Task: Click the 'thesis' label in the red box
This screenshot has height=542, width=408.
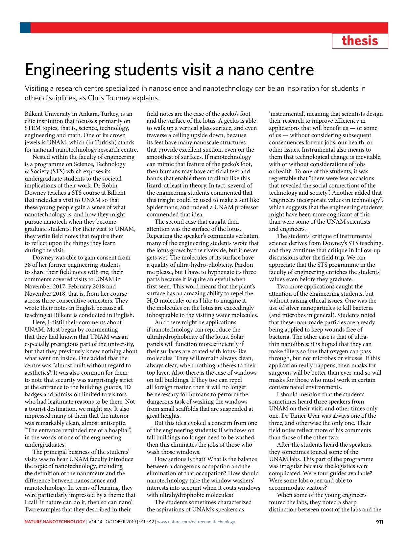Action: point(360,41)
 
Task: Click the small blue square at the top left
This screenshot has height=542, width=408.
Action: point(25,28)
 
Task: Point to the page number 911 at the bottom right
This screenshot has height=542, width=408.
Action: point(379,522)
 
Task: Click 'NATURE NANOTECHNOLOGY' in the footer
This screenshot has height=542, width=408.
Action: point(55,522)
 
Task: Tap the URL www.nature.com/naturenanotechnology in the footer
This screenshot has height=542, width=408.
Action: point(196,522)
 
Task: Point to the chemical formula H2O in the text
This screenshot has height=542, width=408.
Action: point(152,301)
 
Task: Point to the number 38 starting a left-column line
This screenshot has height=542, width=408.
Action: point(28,265)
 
